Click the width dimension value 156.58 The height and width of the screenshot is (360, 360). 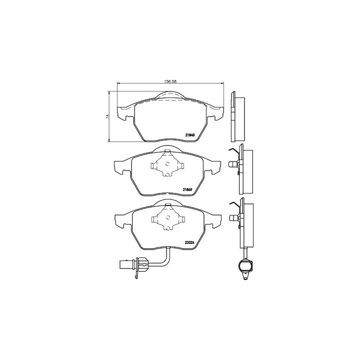170,81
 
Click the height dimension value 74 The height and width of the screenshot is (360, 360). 107,116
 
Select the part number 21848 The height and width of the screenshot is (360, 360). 190,135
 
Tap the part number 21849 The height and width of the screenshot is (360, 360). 187,189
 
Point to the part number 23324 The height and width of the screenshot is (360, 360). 189,242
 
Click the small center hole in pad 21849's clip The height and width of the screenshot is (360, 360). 167,163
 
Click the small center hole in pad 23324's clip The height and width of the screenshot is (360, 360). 168,217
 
